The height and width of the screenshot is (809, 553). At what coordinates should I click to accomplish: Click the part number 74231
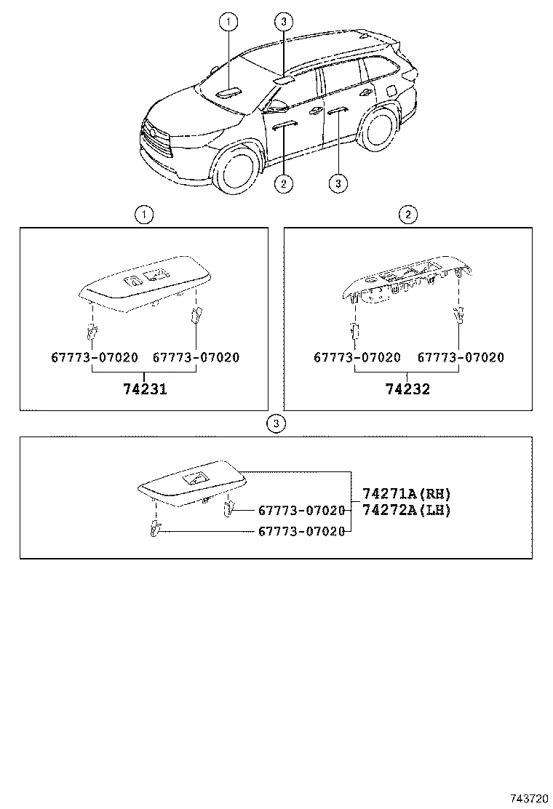pos(144,389)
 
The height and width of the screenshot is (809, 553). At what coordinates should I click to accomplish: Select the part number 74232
pos(407,389)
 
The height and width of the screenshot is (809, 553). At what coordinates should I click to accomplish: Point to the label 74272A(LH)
pos(407,510)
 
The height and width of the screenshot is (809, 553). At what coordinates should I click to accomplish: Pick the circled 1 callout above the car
pos(228,23)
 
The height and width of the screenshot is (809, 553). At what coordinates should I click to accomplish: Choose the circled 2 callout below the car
pos(284,183)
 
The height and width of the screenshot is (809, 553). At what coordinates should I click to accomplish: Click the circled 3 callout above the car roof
pos(284,23)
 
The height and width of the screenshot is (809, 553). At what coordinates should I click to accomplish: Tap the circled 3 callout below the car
pos(338,183)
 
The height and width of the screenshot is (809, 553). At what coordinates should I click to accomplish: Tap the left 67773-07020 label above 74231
pos(95,358)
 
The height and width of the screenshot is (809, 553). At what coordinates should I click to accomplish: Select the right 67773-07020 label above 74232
pos(461,358)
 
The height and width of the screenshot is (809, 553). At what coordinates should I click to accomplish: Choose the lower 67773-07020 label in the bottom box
pos(301,532)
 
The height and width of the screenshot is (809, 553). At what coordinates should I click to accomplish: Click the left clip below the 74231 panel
pos(92,332)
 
